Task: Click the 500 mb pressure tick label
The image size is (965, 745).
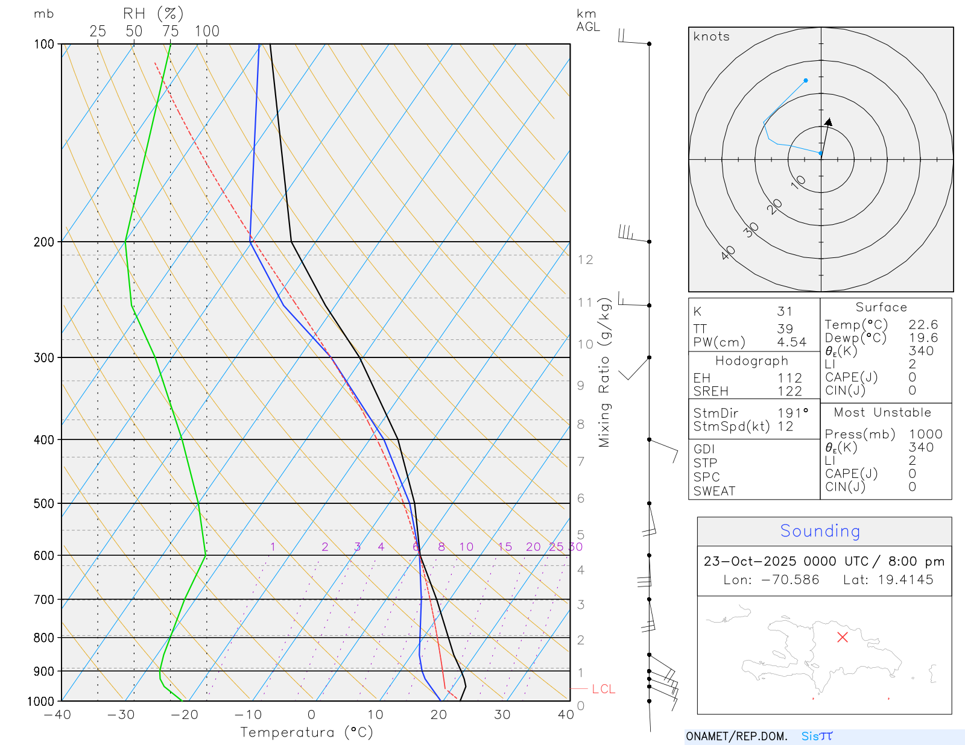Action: tap(44, 503)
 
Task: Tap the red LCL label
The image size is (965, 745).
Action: tap(603, 689)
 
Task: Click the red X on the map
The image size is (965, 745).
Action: tap(843, 637)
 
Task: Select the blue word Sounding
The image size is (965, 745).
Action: tap(820, 531)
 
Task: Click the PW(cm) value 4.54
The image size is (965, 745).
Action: tap(791, 342)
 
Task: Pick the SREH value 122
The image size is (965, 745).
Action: tap(789, 391)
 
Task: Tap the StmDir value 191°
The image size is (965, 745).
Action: tap(793, 413)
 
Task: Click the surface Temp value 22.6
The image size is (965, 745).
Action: tap(923, 325)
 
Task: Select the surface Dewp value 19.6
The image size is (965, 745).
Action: tap(923, 338)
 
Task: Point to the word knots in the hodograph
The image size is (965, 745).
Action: tap(712, 37)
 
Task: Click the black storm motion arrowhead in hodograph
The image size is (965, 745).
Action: tap(829, 122)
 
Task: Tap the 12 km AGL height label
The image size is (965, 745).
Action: tap(585, 260)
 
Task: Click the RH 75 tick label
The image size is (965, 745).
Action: tap(171, 31)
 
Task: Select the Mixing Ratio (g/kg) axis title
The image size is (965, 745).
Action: tap(604, 372)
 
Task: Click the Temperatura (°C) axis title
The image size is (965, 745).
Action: tap(306, 732)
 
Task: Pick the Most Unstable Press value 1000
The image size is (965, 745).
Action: tap(925, 434)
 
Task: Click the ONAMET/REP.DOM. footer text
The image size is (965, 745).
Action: tap(736, 737)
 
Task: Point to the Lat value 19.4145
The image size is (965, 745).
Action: tap(905, 580)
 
